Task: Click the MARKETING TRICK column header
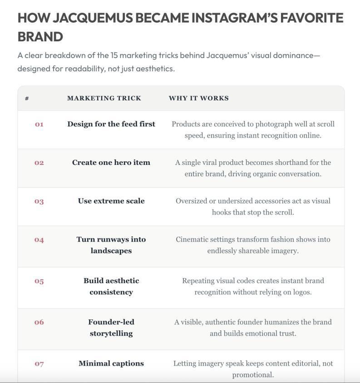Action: [104, 98]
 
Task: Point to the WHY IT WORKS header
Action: [198, 98]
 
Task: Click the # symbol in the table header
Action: [27, 98]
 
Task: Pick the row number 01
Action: [39, 124]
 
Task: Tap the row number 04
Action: [39, 239]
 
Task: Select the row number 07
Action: [39, 363]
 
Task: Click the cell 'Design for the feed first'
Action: [111, 124]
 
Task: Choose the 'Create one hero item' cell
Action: [111, 163]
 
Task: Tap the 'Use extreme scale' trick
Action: [111, 201]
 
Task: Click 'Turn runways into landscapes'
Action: [111, 245]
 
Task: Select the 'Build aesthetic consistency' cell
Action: [111, 286]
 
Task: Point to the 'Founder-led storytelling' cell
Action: [111, 328]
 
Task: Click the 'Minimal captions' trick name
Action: [111, 363]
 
